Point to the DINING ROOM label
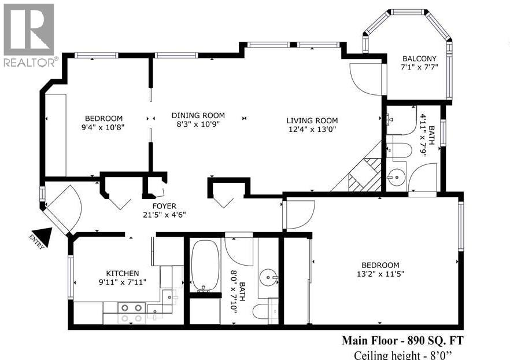tap(198, 115)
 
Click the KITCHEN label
tap(122, 273)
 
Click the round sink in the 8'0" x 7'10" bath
tap(268, 276)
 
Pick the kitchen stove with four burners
tap(131, 313)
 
